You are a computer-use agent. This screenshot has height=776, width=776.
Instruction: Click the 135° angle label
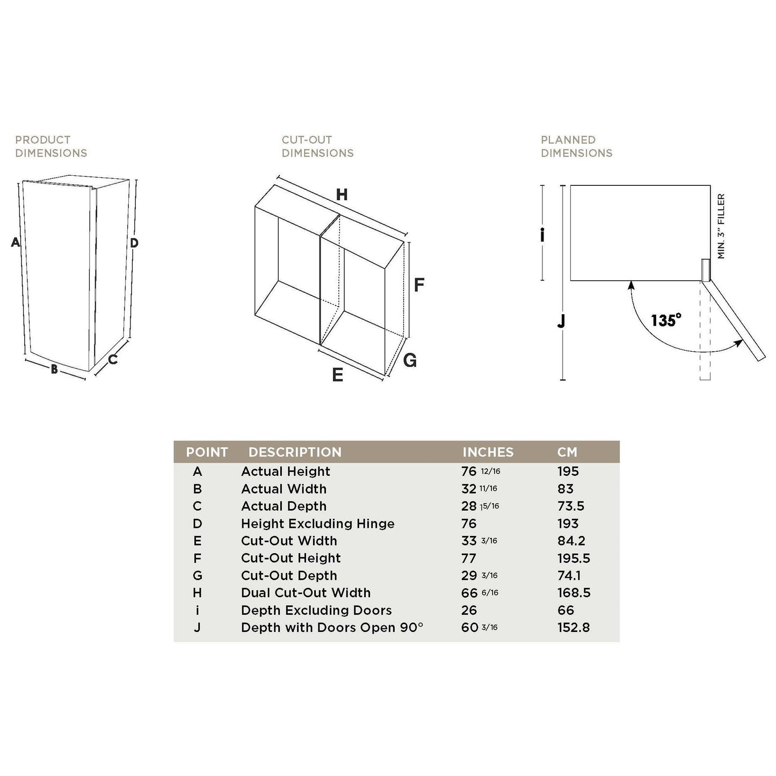tap(666, 321)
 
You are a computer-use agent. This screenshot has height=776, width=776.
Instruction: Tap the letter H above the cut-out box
tap(342, 194)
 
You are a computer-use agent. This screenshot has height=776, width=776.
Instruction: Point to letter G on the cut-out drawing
tap(410, 360)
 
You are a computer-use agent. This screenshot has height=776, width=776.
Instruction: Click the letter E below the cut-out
tap(337, 375)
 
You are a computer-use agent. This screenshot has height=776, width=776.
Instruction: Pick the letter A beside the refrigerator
tap(16, 243)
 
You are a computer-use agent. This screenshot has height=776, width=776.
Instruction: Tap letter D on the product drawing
tap(134, 243)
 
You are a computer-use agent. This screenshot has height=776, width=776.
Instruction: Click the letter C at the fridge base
tap(113, 360)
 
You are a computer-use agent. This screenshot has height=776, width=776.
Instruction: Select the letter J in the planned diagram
tap(561, 321)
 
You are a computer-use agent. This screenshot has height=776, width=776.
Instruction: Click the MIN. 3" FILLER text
tap(721, 226)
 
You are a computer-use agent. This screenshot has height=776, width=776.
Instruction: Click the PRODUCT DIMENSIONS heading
tap(51, 146)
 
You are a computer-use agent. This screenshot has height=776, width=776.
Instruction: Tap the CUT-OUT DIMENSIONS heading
tap(317, 146)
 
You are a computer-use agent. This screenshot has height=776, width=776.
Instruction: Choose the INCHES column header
tap(488, 452)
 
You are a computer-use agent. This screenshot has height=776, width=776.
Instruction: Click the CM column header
tap(567, 452)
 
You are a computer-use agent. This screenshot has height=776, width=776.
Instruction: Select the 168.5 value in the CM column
tap(574, 593)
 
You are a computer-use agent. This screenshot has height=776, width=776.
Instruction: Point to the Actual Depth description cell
tap(284, 506)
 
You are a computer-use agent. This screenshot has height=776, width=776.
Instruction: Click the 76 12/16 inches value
tap(480, 472)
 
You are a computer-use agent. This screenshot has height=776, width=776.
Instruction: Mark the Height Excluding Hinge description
tap(317, 524)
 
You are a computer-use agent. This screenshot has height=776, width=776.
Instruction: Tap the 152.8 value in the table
tap(573, 627)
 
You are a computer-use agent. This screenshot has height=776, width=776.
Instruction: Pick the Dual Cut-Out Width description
tap(306, 593)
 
